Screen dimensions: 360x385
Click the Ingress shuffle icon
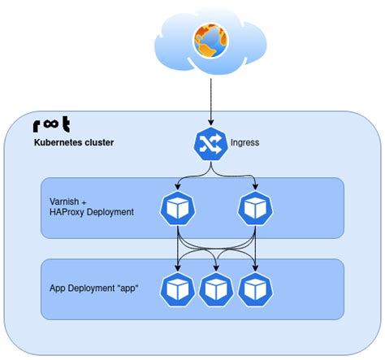point(211,143)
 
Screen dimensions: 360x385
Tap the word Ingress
point(245,143)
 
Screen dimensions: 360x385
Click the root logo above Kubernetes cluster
point(51,126)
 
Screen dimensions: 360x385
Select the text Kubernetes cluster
point(74,143)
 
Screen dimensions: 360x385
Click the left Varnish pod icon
point(177,208)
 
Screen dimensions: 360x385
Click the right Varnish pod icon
point(254,208)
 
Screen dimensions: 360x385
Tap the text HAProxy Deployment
point(91,212)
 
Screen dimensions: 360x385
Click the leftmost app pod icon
point(176,288)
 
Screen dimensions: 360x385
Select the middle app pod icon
point(215,288)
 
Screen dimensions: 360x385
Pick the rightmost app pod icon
point(254,288)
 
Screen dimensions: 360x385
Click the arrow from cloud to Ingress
point(211,102)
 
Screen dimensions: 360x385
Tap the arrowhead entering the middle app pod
point(215,267)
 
